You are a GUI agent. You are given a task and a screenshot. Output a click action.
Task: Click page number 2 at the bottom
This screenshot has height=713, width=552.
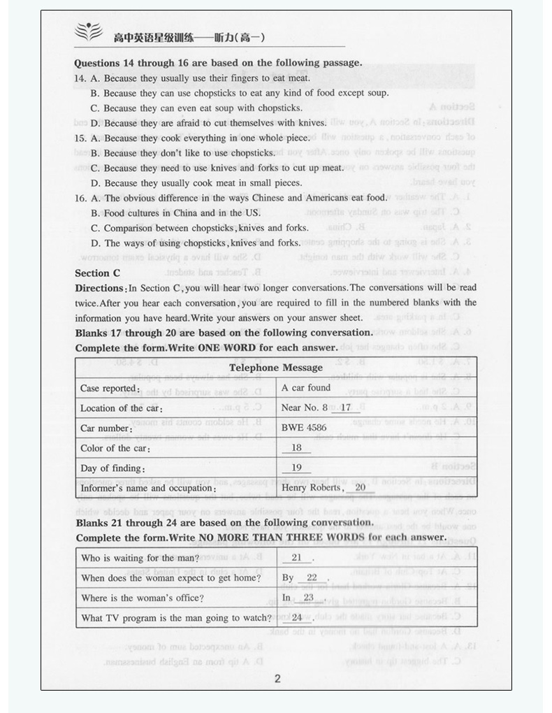click(x=277, y=679)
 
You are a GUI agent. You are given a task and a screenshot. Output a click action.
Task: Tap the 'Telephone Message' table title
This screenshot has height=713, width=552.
click(x=276, y=368)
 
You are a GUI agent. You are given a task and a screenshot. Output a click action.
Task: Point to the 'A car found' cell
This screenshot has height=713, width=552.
click(x=306, y=387)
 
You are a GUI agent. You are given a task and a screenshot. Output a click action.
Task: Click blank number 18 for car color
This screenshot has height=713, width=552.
click(x=296, y=448)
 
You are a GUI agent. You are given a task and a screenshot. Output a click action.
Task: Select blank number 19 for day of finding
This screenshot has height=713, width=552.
click(x=296, y=468)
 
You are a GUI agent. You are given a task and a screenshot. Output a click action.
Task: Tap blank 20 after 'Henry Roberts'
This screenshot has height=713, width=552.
click(x=360, y=488)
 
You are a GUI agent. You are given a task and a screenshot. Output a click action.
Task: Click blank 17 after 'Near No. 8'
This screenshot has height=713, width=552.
click(x=345, y=408)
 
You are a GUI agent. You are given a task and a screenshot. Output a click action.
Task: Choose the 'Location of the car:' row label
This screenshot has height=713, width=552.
click(x=122, y=408)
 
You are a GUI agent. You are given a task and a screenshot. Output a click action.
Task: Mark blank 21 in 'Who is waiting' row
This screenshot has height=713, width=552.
click(x=296, y=558)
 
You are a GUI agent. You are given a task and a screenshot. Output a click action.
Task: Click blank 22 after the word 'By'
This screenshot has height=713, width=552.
click(x=312, y=578)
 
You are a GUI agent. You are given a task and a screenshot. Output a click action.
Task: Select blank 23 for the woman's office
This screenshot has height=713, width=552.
click(x=308, y=598)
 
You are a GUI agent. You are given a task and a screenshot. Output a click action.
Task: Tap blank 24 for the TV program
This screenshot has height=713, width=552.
click(x=297, y=618)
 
